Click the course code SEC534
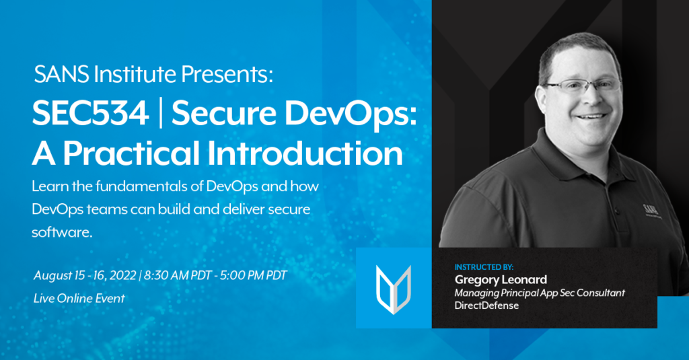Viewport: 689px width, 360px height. tap(91, 113)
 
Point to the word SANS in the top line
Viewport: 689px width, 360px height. tap(62, 74)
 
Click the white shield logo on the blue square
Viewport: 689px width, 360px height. tap(394, 289)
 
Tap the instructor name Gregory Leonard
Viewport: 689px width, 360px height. tap(501, 279)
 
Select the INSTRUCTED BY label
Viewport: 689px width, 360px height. tap(484, 267)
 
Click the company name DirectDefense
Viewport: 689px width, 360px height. tap(486, 305)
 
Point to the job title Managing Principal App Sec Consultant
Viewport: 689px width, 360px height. tap(540, 293)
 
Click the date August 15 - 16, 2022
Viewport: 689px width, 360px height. tap(85, 276)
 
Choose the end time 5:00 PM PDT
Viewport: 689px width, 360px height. tap(254, 276)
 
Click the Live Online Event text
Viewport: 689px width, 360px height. tap(79, 299)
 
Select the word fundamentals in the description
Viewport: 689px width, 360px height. tap(142, 186)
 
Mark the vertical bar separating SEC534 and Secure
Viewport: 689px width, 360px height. tap(160, 113)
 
